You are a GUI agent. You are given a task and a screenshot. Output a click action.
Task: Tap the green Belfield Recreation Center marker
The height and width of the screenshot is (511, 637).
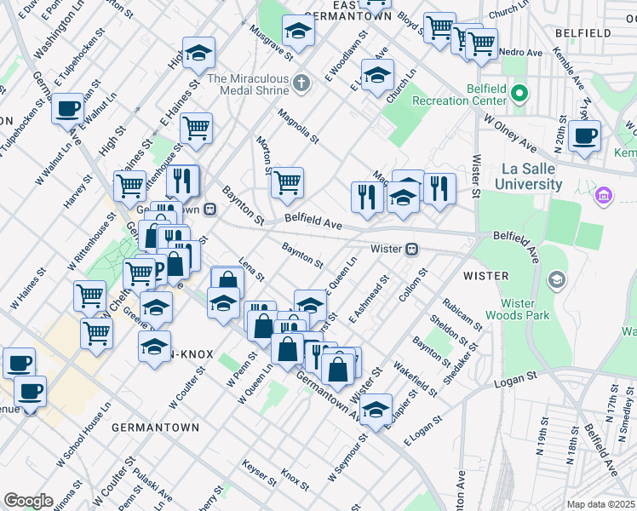(519, 93)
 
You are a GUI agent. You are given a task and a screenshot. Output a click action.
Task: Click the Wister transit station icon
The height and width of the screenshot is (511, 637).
(412, 249)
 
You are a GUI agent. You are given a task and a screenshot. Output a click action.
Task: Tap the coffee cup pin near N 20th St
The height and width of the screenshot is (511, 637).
(584, 135)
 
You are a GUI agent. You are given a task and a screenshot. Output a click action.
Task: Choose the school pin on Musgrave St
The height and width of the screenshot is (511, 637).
(298, 32)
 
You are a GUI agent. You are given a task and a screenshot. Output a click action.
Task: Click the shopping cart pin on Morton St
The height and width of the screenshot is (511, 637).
(287, 181)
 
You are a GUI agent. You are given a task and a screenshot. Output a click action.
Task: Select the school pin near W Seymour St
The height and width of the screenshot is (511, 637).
(376, 410)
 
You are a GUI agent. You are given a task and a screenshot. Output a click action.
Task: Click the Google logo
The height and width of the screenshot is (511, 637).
(28, 500)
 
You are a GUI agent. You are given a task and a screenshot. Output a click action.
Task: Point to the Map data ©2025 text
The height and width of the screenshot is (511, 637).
(601, 504)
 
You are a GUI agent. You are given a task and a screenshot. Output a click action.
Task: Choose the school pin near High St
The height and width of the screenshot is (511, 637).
(198, 55)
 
